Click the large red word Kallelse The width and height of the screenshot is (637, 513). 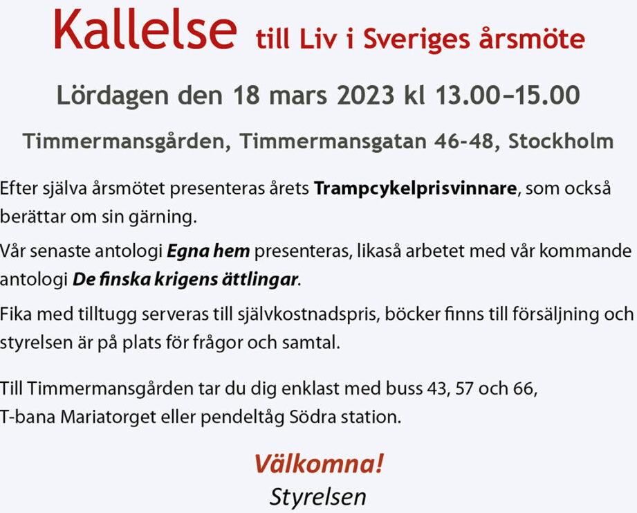pos(145,28)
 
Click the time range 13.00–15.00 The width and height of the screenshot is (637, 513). pos(508,95)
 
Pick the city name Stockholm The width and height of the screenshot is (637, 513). pos(561,141)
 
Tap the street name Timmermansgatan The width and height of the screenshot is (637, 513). pos(333,142)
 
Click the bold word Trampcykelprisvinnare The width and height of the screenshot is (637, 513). pos(415,189)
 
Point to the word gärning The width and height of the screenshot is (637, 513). pos(163,217)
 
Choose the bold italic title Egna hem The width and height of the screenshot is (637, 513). pos(208,251)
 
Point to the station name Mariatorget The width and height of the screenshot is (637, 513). pos(109,417)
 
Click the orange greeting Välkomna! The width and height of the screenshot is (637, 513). pos(319,464)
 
